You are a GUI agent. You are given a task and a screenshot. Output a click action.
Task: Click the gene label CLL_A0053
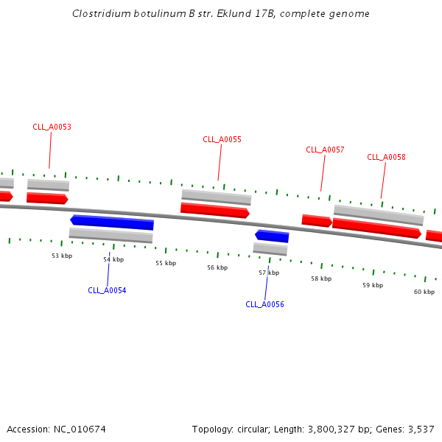click(52, 127)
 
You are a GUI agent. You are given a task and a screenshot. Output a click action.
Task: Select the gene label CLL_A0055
click(222, 139)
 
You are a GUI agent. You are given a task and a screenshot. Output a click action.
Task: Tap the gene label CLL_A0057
click(325, 150)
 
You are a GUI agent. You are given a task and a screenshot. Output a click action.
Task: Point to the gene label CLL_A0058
click(386, 157)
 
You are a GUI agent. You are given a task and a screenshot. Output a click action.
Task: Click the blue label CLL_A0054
click(107, 290)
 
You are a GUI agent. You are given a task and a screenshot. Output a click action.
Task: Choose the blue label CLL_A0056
click(264, 304)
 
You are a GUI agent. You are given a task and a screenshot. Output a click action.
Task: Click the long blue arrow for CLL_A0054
click(112, 222)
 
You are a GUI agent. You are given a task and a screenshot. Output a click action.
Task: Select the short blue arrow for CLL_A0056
click(272, 236)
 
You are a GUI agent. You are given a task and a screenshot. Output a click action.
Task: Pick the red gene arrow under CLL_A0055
click(214, 211)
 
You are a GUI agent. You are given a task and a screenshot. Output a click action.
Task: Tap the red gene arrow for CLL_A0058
click(376, 228)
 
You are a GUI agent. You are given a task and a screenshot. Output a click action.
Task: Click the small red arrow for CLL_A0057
click(317, 220)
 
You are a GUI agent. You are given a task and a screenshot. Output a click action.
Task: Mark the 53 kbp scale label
click(62, 256)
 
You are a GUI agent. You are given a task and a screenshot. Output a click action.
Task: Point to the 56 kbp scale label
click(217, 267)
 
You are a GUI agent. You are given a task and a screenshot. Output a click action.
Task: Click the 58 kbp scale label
click(321, 278)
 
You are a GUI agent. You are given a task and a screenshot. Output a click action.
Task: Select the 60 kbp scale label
click(424, 292)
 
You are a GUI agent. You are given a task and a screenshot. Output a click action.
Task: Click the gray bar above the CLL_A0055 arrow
click(216, 197)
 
